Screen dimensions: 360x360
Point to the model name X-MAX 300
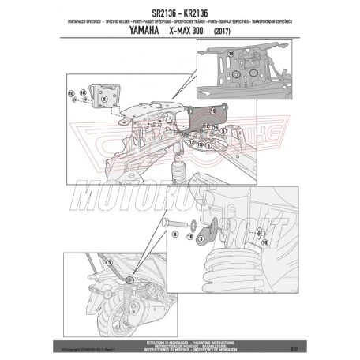click(192, 23)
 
